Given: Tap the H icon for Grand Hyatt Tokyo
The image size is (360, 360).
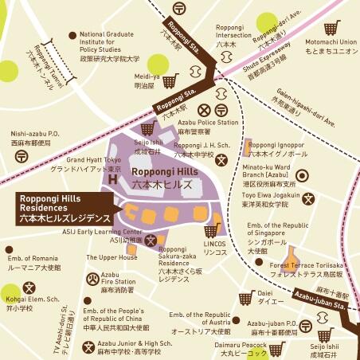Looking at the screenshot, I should coord(112,180).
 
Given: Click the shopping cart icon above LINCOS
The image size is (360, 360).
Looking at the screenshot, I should coord(211,230).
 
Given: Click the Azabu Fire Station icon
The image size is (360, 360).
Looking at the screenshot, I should coord(92,278).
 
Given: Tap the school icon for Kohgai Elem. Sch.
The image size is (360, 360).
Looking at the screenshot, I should coord(29,287).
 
